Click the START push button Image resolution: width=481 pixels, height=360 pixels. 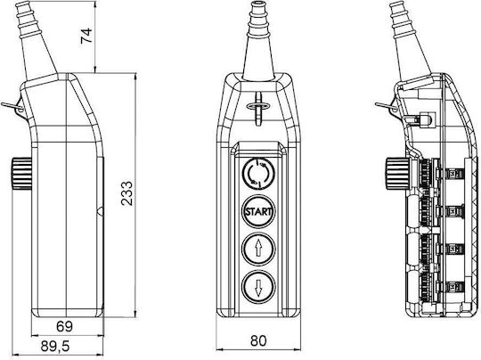point(258,211)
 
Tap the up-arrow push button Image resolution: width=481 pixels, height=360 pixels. point(258,249)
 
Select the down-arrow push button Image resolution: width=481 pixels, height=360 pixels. point(258,286)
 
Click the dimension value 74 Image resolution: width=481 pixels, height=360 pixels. point(86,36)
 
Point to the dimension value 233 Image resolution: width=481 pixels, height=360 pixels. point(126,193)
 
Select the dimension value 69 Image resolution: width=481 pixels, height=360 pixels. point(64,326)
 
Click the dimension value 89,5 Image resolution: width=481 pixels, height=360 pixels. point(55,347)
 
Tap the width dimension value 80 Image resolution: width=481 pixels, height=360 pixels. point(258,340)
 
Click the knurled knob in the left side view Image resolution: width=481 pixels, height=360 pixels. point(21,173)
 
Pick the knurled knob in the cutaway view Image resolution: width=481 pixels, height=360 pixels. point(396,174)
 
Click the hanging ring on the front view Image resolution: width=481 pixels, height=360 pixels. point(258,106)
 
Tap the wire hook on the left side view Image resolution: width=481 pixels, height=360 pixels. point(12,107)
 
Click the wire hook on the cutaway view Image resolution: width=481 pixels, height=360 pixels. point(387,107)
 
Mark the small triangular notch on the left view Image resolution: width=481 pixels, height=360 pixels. point(100,211)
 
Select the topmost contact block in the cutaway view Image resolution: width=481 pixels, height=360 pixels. point(451,174)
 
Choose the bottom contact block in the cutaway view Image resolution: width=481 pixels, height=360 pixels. point(451,287)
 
